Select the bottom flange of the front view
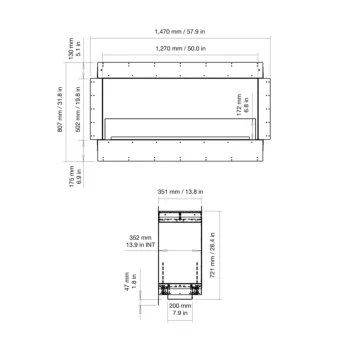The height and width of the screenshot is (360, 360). click(184, 150)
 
